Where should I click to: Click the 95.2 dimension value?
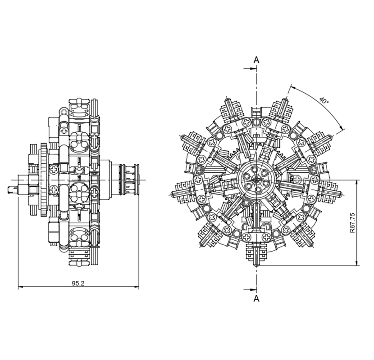(x=78, y=283)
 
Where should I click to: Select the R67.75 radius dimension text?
(x=352, y=223)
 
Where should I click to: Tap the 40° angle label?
(x=324, y=100)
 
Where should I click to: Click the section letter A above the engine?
(x=256, y=60)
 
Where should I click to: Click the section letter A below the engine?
(x=256, y=298)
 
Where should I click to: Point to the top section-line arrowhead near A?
(x=253, y=69)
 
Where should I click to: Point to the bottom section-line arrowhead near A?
(x=253, y=289)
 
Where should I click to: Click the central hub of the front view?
(x=256, y=179)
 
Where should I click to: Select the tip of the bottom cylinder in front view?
(x=256, y=265)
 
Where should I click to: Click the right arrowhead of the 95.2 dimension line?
(x=136, y=287)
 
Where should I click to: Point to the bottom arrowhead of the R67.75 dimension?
(x=357, y=264)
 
